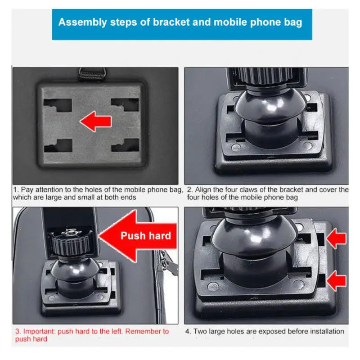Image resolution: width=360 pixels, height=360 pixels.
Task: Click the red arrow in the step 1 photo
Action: [95, 121]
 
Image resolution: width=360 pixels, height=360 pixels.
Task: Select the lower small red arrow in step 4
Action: [337, 282]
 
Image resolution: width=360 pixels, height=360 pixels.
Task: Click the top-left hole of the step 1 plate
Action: [57, 105]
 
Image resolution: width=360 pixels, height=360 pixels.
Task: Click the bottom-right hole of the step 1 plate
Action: [124, 145]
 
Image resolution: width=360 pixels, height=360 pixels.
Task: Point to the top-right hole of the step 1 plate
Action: [124, 105]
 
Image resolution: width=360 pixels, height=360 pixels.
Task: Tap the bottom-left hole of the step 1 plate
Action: [57, 145]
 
